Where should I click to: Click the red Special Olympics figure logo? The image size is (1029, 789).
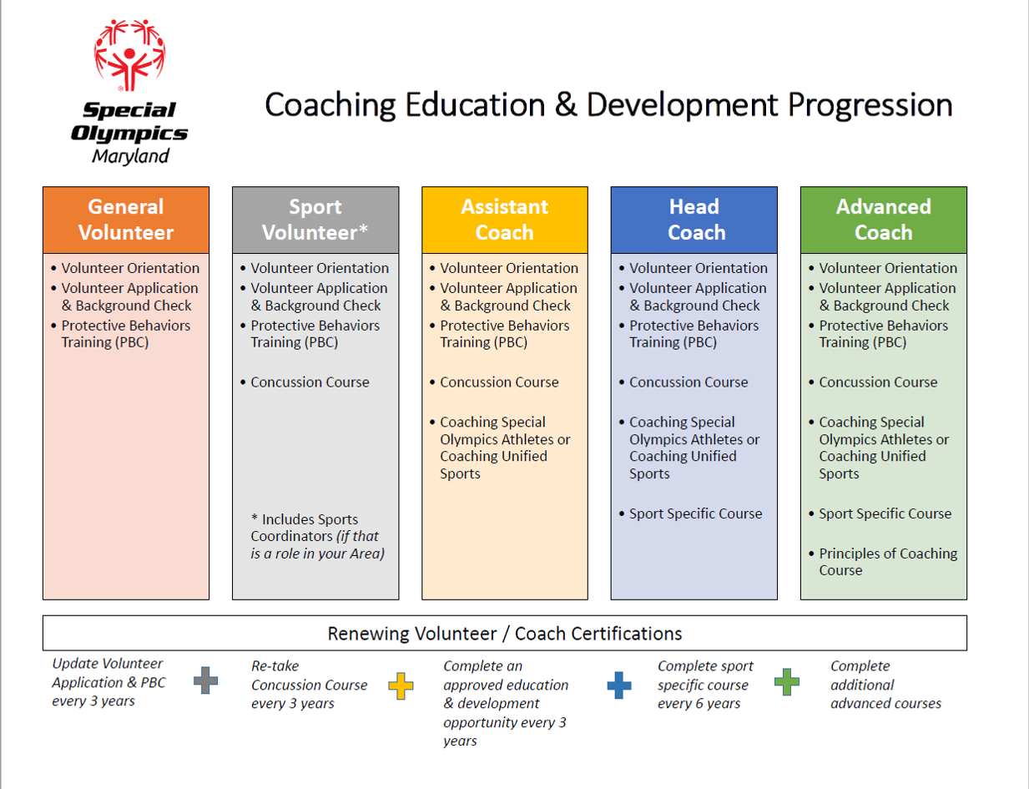click(x=129, y=55)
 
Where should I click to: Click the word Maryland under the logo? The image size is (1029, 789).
click(x=130, y=156)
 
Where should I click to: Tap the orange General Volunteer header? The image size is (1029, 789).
click(x=126, y=220)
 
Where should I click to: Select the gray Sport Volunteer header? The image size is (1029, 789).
click(x=315, y=220)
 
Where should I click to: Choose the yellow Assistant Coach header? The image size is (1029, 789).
click(x=505, y=220)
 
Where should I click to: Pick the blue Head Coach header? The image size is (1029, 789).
click(x=694, y=220)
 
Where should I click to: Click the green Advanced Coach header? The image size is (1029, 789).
click(x=884, y=220)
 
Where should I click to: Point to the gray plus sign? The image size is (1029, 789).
click(x=205, y=680)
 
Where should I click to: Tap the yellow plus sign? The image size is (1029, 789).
click(x=401, y=685)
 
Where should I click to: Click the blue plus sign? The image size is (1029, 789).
click(x=619, y=685)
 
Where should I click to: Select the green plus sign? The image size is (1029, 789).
click(x=787, y=682)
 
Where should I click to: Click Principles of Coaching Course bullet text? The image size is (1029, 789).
click(x=888, y=562)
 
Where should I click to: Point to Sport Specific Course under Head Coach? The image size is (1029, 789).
click(x=696, y=513)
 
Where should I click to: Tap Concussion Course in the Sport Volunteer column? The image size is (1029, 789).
click(x=310, y=382)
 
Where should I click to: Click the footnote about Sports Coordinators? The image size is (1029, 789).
click(x=317, y=536)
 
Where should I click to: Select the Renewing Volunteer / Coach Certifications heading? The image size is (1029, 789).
click(x=505, y=633)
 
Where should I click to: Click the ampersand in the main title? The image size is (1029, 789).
click(x=565, y=104)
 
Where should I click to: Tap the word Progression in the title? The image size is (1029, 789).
click(x=870, y=105)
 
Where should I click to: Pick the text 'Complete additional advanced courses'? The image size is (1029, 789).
click(x=885, y=685)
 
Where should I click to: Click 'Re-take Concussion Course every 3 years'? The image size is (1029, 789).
click(x=310, y=685)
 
